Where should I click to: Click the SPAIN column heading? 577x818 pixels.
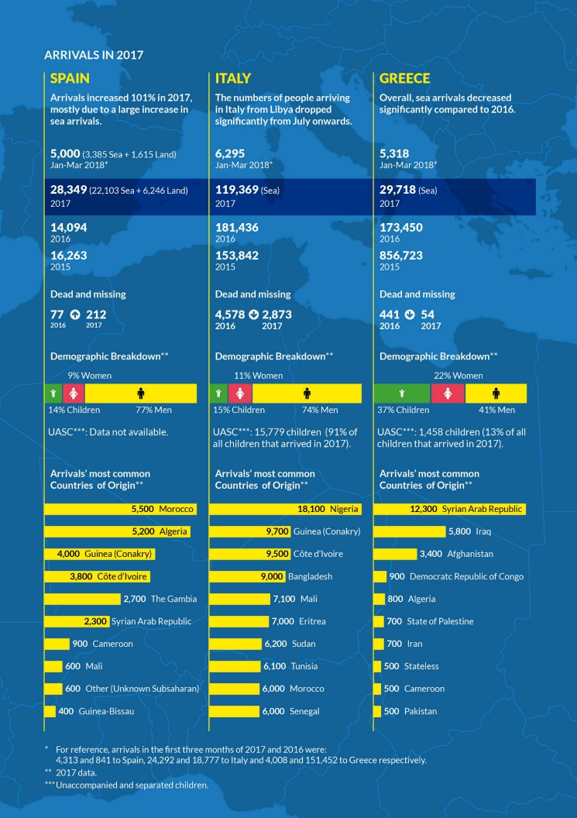70,78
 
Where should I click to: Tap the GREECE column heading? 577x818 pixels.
405,78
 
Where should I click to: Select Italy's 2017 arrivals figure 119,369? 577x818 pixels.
237,190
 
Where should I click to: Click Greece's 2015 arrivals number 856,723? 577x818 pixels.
401,256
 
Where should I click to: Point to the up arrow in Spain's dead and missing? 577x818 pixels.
74,314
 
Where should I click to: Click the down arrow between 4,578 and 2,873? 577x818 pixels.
253,314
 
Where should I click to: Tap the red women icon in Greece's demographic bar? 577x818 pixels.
448,394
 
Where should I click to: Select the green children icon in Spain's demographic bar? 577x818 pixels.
53,394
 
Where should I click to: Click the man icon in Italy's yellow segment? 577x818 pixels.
307,394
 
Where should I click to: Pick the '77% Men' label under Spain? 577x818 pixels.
153,410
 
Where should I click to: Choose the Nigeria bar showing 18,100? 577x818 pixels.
285,509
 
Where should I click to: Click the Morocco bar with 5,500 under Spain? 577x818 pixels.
121,509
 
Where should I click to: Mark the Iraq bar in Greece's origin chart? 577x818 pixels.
410,531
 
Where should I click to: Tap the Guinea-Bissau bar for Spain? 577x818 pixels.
50,711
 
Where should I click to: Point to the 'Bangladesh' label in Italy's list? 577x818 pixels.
311,576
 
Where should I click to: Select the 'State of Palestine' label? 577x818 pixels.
441,621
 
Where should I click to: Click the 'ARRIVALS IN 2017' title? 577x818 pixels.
94,55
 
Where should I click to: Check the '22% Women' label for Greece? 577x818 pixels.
458,376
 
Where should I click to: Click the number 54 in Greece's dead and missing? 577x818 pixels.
428,314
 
